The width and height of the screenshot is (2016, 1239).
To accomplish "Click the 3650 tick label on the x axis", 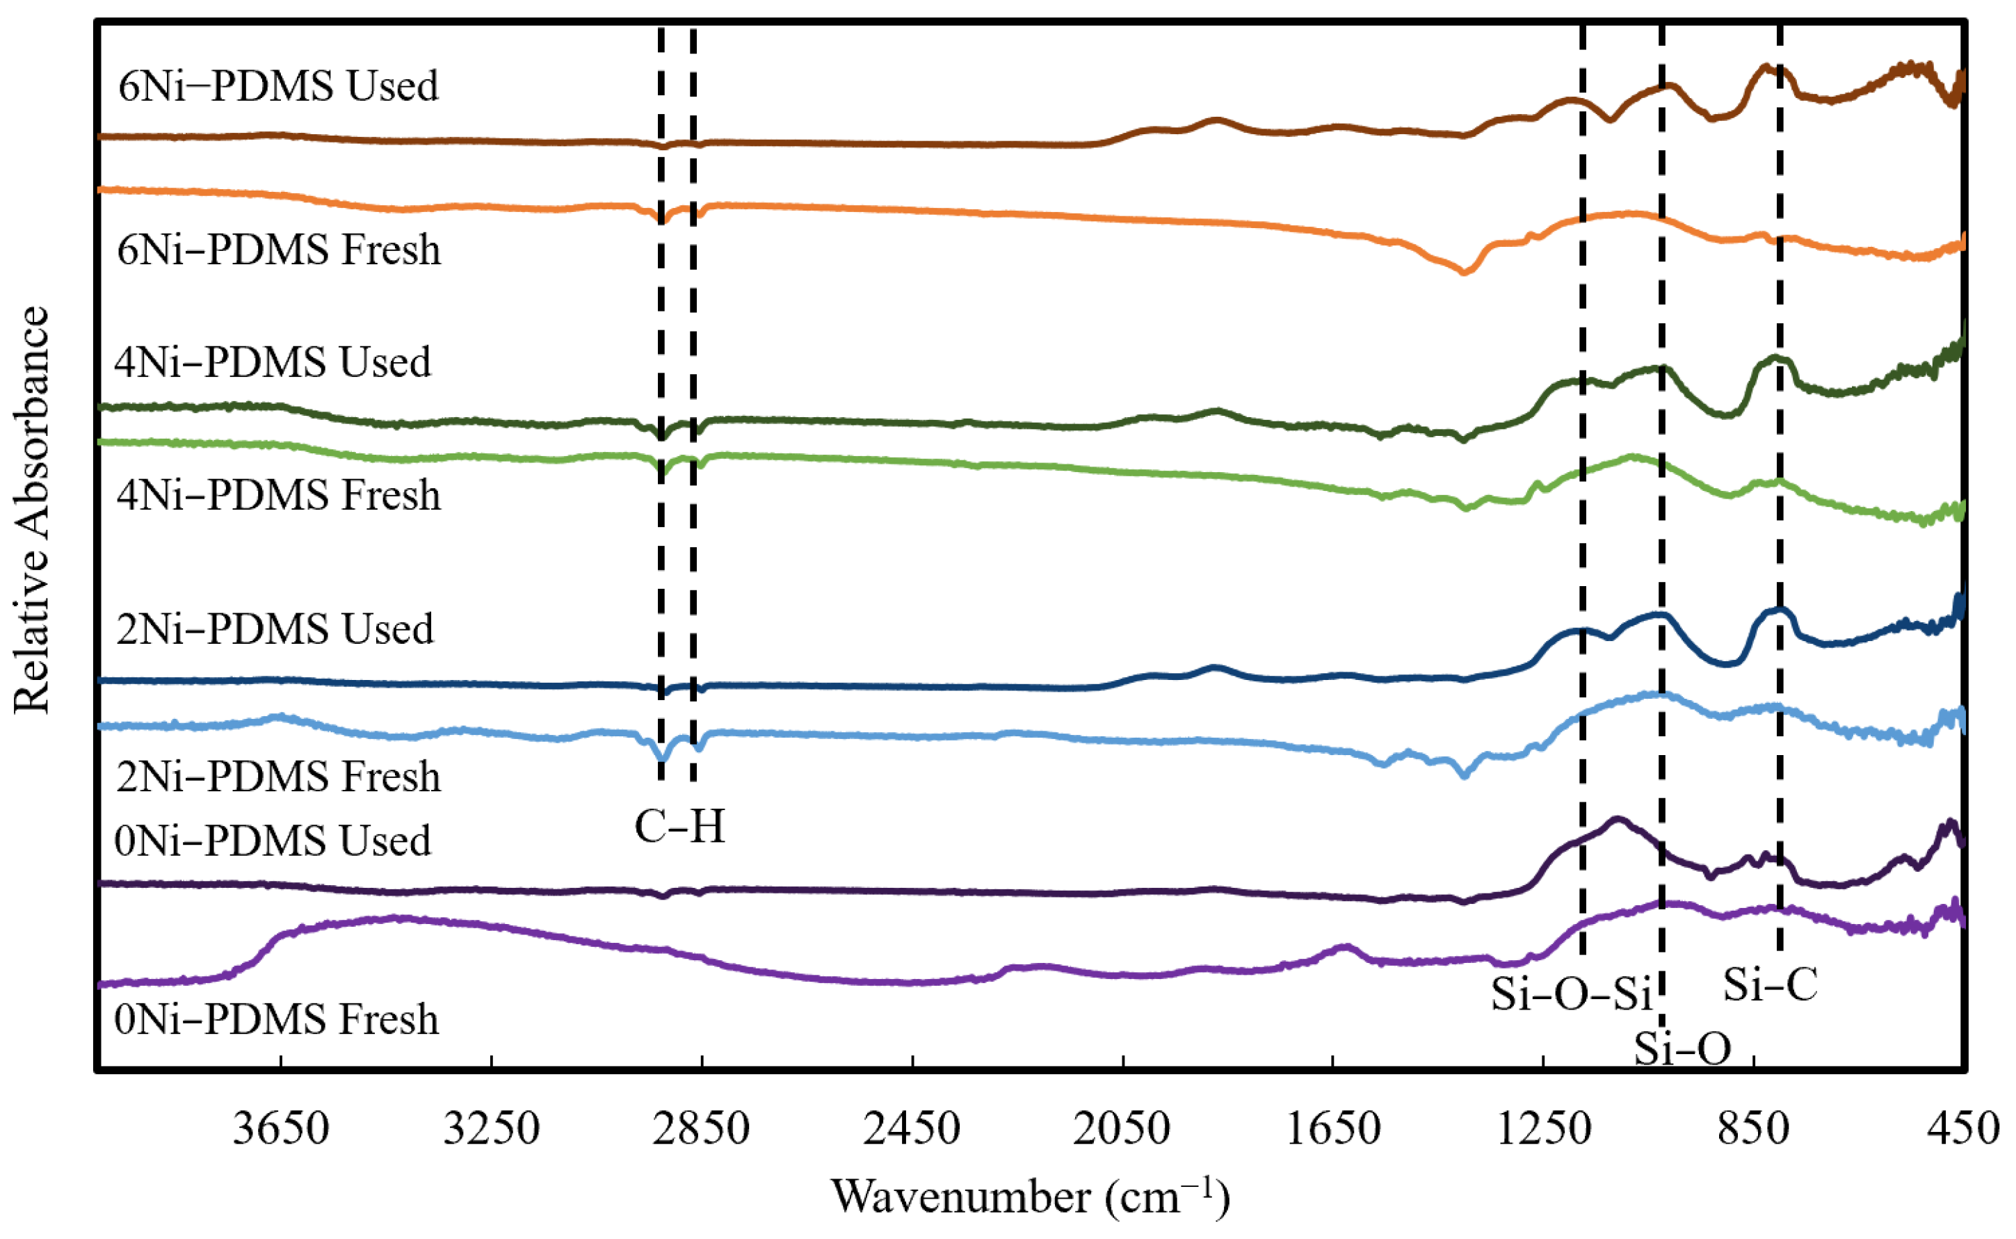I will pyautogui.click(x=280, y=1129).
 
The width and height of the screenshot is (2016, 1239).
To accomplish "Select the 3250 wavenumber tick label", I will pyautogui.click(x=491, y=1129).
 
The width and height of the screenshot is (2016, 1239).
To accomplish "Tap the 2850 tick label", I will pyautogui.click(x=701, y=1129).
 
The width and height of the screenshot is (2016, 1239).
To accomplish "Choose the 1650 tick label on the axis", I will pyautogui.click(x=1332, y=1129).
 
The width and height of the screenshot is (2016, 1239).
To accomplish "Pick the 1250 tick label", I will pyautogui.click(x=1543, y=1129).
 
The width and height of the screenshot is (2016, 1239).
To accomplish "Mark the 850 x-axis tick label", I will pyautogui.click(x=1754, y=1129).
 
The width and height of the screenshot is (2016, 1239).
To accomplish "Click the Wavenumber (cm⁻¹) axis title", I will pyautogui.click(x=1030, y=1197).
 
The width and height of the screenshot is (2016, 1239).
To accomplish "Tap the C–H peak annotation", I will pyautogui.click(x=679, y=827).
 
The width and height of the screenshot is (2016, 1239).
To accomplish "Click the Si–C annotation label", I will pyautogui.click(x=1770, y=984).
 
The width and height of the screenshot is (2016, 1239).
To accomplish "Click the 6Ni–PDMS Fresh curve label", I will pyautogui.click(x=279, y=249).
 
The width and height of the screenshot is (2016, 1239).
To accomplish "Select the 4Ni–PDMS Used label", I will pyautogui.click(x=272, y=362).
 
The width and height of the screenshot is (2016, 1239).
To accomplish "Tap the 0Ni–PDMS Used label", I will pyautogui.click(x=272, y=841).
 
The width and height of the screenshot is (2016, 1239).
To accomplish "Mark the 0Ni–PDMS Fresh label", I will pyautogui.click(x=277, y=1019).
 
